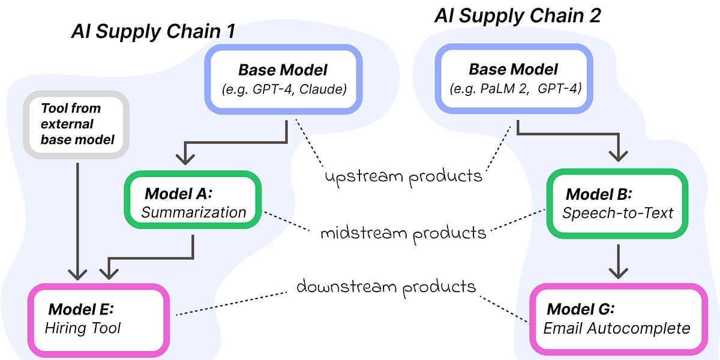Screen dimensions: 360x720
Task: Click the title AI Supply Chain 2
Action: coord(517,16)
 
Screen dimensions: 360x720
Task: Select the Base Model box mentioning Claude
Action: coord(283,80)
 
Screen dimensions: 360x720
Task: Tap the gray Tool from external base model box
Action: coord(76,125)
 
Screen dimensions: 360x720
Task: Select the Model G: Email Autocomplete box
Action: coord(616,319)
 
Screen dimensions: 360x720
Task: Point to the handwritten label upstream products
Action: coord(403,176)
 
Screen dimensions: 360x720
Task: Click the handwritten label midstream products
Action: coord(403,232)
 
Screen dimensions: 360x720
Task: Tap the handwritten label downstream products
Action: coord(386,287)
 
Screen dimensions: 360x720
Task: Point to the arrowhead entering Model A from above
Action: coord(186,160)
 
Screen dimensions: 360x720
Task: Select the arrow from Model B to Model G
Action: coord(617,259)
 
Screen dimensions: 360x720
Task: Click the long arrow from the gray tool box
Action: coord(77,216)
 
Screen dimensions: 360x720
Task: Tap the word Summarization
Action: coord(194,212)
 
